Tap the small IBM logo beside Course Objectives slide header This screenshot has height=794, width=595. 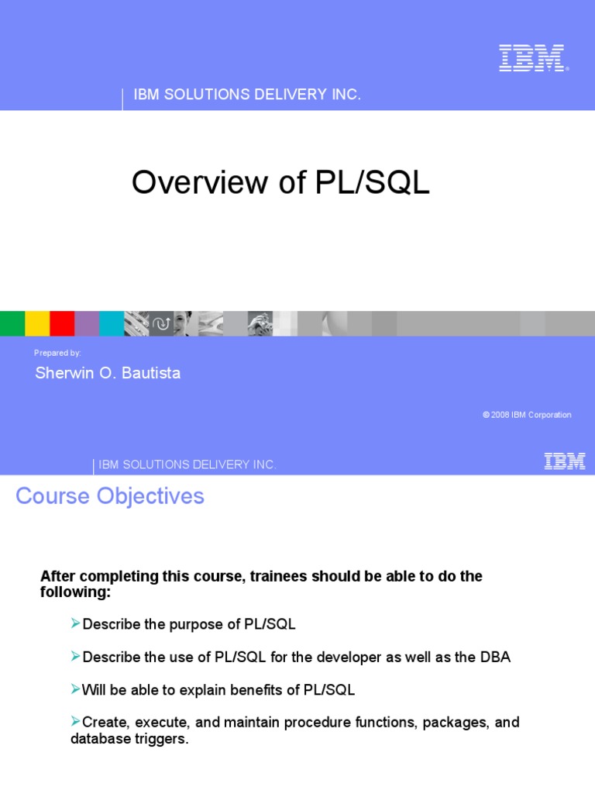coord(564,462)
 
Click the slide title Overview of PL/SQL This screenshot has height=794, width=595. coord(280,183)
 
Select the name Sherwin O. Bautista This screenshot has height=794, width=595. coord(108,373)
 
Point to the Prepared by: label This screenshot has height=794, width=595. coord(57,353)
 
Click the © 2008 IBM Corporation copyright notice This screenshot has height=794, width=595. coord(527,415)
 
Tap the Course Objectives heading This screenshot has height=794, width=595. coord(110,496)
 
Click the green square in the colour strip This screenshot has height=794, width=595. coord(12,323)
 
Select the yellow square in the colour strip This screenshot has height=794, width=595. coord(37,323)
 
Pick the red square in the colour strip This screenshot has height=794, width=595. coord(62,323)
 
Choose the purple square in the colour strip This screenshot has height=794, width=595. coord(87,323)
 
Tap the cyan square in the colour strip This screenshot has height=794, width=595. coord(112,323)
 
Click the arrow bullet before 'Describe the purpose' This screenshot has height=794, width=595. coord(76,623)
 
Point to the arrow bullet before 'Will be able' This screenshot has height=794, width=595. coord(76,689)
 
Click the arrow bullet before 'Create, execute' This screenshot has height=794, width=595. coord(76,721)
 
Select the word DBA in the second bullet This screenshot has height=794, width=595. coord(496,657)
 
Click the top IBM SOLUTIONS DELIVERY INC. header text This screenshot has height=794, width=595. coord(247,95)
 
